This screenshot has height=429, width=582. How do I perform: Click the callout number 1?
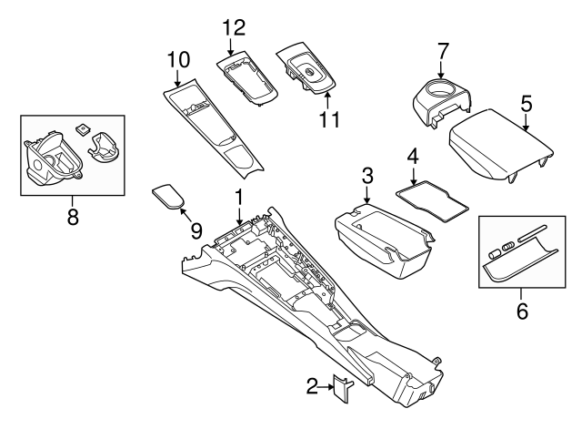tap(238, 196)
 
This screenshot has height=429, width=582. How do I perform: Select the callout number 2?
tap(312, 388)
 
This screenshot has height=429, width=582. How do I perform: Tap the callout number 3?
tap(366, 174)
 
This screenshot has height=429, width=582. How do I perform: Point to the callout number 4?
tap(412, 156)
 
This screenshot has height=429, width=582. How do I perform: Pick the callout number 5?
tap(525, 104)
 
